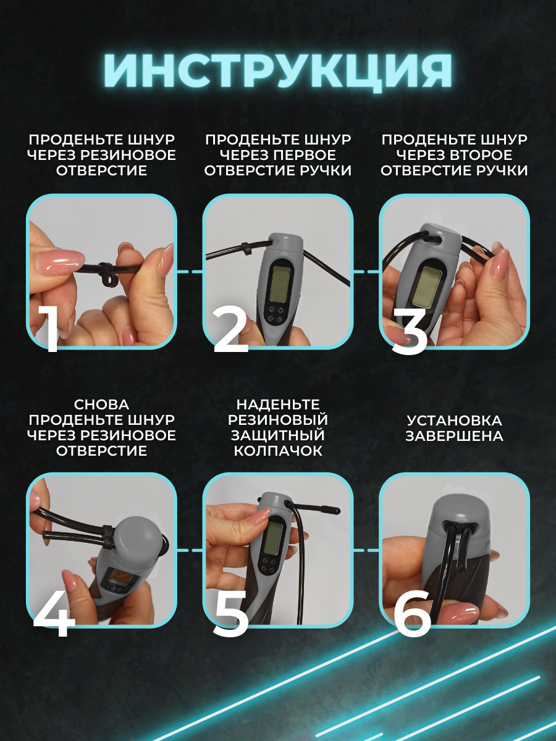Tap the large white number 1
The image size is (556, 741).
point(48,329)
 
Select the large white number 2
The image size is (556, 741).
point(231,329)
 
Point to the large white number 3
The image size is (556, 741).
point(409,329)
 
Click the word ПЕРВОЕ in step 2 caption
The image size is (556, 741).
point(304,155)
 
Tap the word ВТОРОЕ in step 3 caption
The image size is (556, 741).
point(481,155)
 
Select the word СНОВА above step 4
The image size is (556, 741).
point(101,404)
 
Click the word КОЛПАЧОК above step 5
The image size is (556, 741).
point(278,451)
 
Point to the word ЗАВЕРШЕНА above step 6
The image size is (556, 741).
point(455,436)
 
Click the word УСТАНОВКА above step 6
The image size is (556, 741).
point(455,421)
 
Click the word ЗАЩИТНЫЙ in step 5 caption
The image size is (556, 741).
point(278,435)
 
